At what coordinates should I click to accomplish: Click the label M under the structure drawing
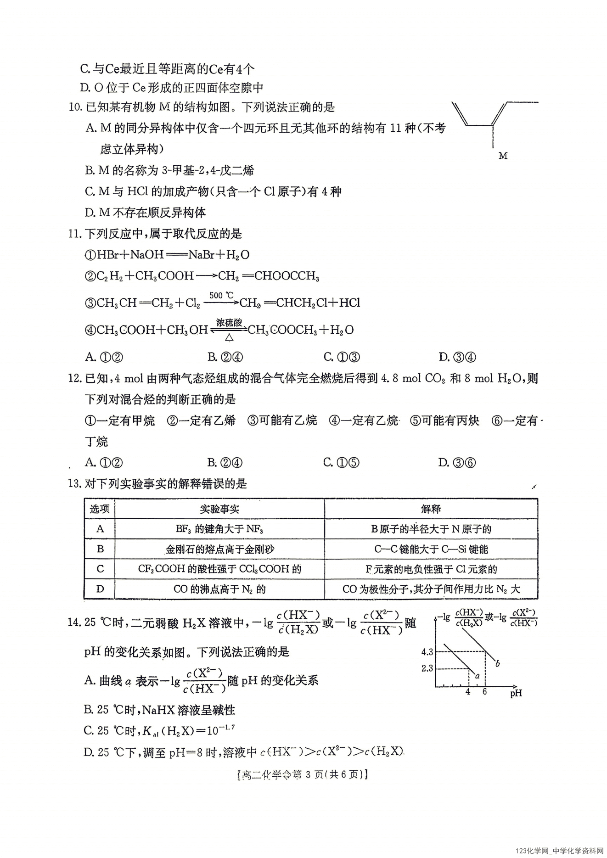(503, 156)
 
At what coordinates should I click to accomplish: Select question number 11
(75, 234)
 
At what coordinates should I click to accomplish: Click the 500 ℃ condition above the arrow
(221, 295)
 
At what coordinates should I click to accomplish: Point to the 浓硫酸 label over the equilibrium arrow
(229, 322)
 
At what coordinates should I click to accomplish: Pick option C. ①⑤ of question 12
(342, 463)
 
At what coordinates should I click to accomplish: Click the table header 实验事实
(219, 509)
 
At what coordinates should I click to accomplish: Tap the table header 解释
(431, 509)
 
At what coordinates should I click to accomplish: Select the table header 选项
(100, 509)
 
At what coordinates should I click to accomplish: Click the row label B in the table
(100, 549)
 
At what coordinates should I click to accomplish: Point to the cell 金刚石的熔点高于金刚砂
(219, 549)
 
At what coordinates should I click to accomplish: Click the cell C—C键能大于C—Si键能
(431, 549)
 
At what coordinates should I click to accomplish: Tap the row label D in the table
(100, 589)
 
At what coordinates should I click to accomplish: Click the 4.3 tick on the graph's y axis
(427, 652)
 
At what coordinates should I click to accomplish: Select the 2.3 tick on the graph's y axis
(427, 668)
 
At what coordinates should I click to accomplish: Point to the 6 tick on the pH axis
(484, 692)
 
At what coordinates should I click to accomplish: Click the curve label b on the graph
(498, 663)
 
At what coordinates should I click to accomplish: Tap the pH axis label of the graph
(516, 693)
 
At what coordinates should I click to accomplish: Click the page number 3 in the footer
(308, 774)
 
